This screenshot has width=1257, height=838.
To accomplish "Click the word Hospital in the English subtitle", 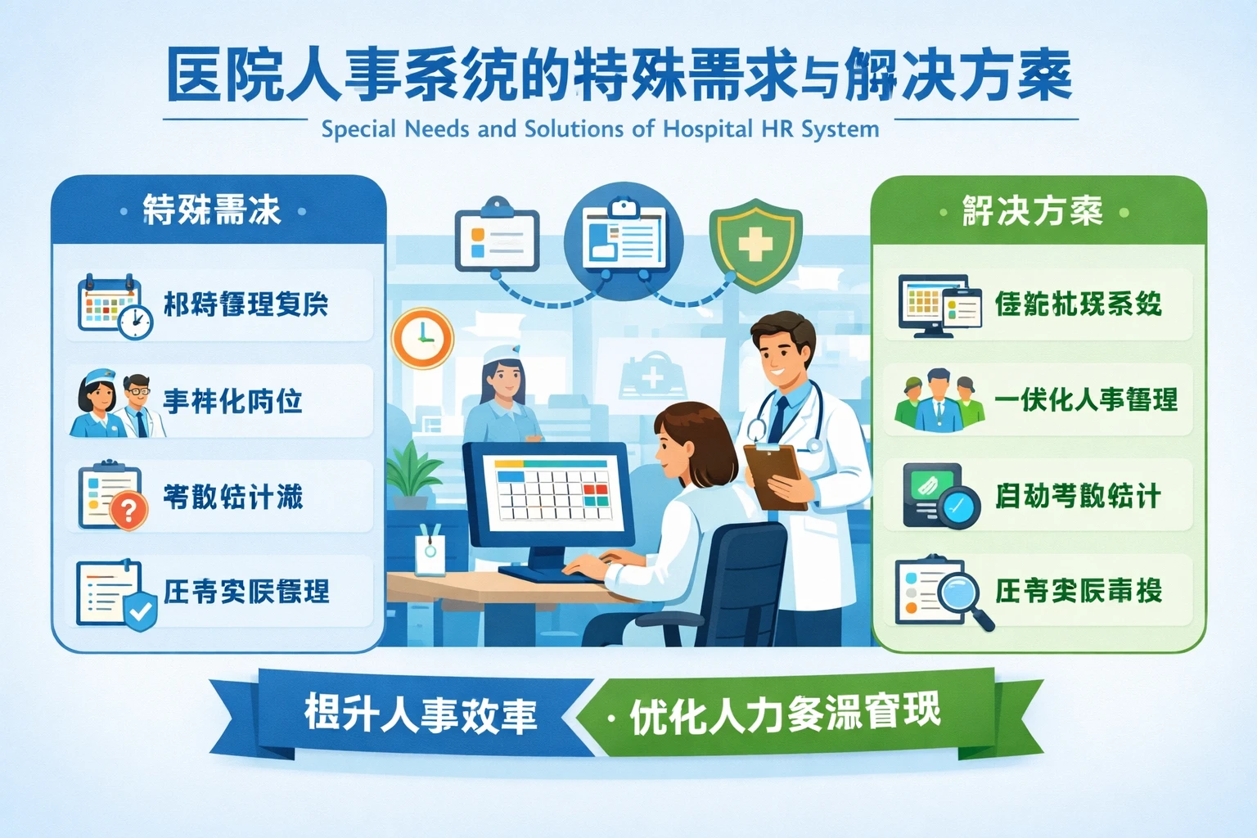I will click(708, 129).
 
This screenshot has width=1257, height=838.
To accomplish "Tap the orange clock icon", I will click(422, 338).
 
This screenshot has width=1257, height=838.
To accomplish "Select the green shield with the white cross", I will click(755, 244).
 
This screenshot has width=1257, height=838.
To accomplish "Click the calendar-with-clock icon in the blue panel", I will click(115, 307).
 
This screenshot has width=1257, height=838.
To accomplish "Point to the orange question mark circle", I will click(128, 511).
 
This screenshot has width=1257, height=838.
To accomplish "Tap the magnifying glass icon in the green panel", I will click(959, 592).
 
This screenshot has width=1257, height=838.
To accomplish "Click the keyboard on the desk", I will click(556, 573).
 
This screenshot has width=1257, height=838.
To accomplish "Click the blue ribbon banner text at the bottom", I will click(421, 714).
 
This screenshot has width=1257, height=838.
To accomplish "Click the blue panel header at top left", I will click(213, 210).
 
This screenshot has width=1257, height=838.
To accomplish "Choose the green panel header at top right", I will click(1033, 211).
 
